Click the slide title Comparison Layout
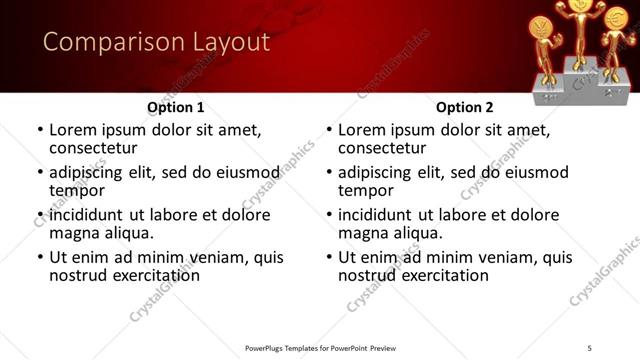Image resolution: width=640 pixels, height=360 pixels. (156, 42)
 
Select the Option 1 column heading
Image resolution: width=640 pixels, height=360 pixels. (176, 106)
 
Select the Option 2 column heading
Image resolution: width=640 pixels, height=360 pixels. (465, 106)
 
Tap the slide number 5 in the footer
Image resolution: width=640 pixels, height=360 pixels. (590, 348)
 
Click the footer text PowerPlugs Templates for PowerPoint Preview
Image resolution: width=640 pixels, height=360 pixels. (320, 348)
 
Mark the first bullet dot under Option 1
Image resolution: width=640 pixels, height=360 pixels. (40, 131)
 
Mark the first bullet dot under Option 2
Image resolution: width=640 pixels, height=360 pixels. (329, 131)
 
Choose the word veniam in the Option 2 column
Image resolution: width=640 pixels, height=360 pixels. (509, 257)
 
